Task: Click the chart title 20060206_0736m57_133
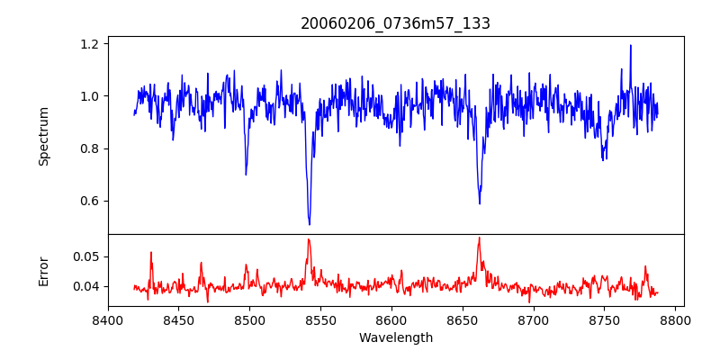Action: [x=395, y=24]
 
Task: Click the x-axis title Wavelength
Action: [x=395, y=338]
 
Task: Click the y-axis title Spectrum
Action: [x=43, y=136]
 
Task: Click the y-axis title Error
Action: [x=43, y=271]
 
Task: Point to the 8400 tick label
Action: [x=108, y=319]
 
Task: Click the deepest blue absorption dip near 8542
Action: [x=310, y=224]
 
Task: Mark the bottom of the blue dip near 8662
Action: [x=480, y=203]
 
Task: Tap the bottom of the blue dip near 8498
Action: [x=246, y=175]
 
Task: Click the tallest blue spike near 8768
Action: [x=630, y=45]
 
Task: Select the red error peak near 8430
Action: [x=151, y=253]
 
